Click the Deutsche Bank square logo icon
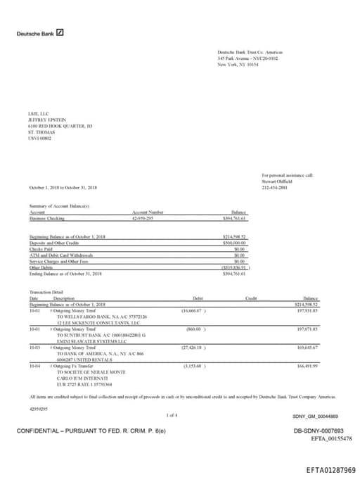60,32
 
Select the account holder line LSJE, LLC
37,114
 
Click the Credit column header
250,298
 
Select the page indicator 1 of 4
172,416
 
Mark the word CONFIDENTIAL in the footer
39,430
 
